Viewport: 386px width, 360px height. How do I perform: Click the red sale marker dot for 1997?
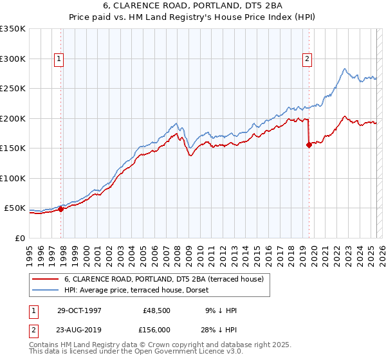pos(61,208)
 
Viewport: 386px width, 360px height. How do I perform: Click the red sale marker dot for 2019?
pos(309,145)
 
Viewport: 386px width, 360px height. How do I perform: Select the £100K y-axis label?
pos(13,178)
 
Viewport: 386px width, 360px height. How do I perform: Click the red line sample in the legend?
pos(44,280)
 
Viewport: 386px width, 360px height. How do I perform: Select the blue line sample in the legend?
pos(44,291)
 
